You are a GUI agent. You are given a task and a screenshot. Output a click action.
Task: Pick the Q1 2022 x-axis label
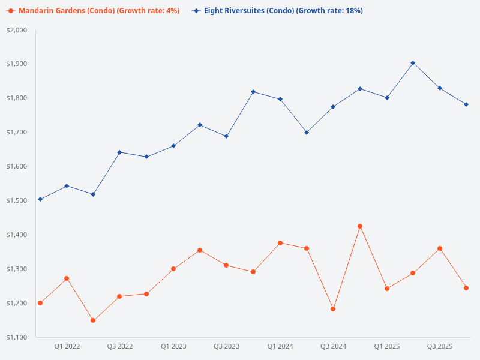coord(67,346)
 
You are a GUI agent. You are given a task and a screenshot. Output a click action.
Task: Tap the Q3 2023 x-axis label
coord(226,346)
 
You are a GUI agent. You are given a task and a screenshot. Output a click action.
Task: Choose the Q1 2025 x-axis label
coord(386,346)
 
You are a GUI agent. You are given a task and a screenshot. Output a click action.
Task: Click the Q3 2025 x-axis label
coord(439,346)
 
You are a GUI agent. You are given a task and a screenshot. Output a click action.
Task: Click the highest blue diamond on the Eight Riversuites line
coord(413,63)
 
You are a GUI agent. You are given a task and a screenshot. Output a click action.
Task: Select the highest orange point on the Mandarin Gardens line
coord(360,226)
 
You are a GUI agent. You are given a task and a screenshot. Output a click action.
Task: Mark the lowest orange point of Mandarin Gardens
coord(93,320)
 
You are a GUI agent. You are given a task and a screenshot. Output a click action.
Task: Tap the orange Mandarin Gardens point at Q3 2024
coord(333,309)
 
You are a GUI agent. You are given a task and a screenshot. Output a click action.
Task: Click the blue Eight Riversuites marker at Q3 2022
coord(119,152)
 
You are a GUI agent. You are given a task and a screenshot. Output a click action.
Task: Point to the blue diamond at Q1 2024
coord(280,99)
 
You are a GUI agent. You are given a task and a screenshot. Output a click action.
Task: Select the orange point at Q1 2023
coord(173,269)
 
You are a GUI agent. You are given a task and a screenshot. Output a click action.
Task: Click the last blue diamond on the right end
coord(466,104)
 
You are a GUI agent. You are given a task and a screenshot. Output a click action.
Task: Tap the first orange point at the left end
coord(40,303)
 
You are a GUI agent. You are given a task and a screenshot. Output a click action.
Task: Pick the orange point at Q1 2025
coord(387,289)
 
